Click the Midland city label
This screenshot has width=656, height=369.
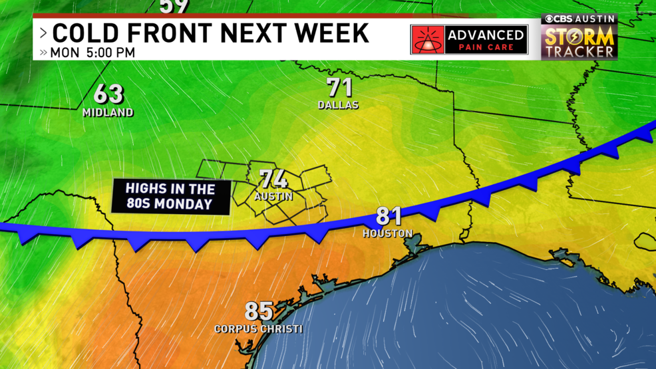coord(108,112)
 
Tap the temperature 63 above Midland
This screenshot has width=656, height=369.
coord(108,94)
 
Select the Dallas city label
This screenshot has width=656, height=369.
coord(338,105)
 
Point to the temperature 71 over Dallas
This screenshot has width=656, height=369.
coord(339,88)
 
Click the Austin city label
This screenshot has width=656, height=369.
coord(273,197)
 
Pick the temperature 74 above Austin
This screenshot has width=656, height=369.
coord(273,179)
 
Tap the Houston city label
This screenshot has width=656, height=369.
coord(388,233)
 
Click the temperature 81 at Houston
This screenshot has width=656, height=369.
coord(389,216)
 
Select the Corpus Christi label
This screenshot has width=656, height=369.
coord(258,328)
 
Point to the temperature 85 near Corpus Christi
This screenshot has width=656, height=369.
coord(259,310)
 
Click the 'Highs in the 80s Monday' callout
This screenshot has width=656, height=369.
coord(170,197)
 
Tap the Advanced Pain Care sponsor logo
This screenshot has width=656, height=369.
coord(469,40)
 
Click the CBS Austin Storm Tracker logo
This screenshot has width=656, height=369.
coord(579,37)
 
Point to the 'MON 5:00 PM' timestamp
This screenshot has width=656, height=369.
coord(92,52)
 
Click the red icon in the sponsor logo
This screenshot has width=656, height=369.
coord(429,41)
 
